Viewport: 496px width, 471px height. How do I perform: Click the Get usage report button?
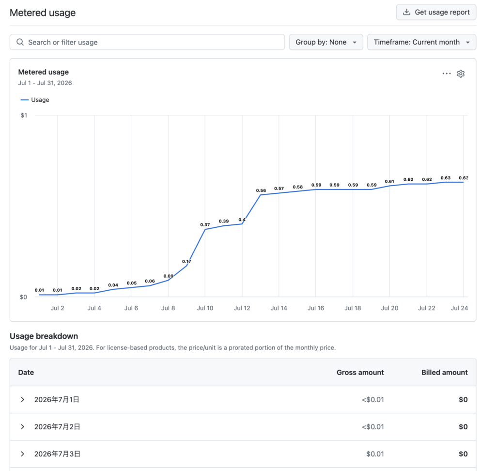(x=436, y=12)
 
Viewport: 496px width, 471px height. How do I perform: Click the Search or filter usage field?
(x=147, y=42)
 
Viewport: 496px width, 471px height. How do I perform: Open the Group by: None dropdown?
(x=326, y=42)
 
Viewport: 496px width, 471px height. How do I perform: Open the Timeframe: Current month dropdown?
(x=422, y=42)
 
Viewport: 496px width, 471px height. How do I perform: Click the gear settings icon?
(x=461, y=74)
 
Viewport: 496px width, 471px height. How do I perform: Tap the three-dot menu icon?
(x=447, y=74)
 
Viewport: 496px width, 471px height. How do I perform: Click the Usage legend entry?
(x=35, y=100)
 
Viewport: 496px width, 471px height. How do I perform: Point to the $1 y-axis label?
(x=24, y=115)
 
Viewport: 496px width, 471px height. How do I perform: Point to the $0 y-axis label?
(x=23, y=297)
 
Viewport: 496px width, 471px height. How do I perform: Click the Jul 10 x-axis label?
(x=205, y=308)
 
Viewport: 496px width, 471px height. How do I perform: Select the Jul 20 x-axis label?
(x=389, y=308)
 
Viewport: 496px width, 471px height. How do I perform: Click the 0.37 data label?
(x=205, y=225)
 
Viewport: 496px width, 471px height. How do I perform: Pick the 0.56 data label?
(x=261, y=190)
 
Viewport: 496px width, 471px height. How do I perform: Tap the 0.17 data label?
(x=186, y=262)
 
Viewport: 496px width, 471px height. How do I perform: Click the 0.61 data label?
(x=389, y=181)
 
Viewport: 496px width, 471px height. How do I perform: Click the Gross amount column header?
(x=360, y=373)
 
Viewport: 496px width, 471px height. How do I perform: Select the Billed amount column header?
(x=445, y=373)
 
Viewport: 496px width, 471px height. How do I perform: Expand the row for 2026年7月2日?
(x=22, y=427)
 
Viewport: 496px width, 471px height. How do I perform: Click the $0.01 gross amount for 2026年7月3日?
(x=375, y=454)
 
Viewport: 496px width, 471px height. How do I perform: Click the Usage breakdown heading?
(x=44, y=336)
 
